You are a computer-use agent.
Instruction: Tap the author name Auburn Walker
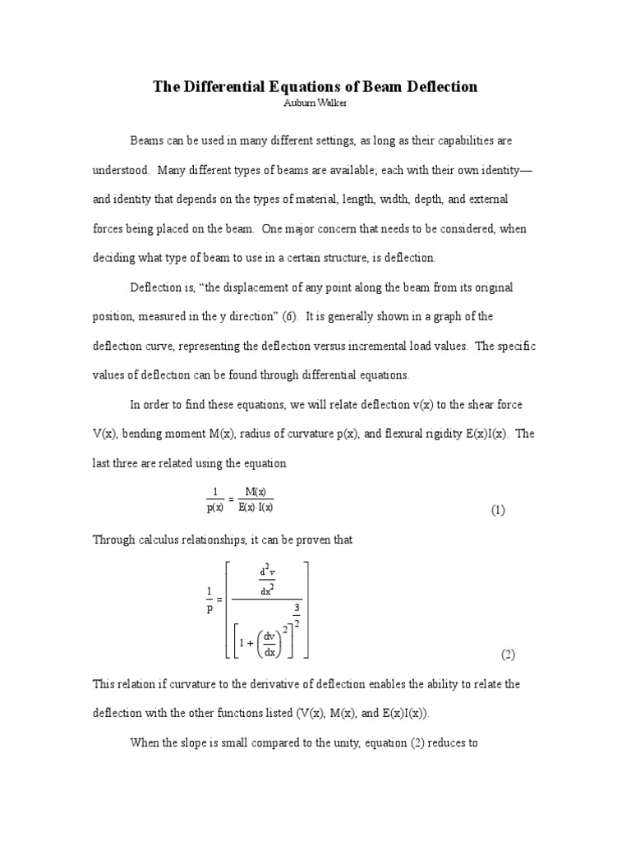click(315, 104)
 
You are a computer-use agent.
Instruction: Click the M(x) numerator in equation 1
click(255, 492)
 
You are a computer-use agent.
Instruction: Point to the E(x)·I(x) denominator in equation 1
click(255, 507)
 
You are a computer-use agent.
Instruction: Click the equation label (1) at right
click(499, 509)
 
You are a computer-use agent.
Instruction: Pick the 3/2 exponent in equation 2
click(296, 616)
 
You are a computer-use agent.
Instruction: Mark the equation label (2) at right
click(508, 655)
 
